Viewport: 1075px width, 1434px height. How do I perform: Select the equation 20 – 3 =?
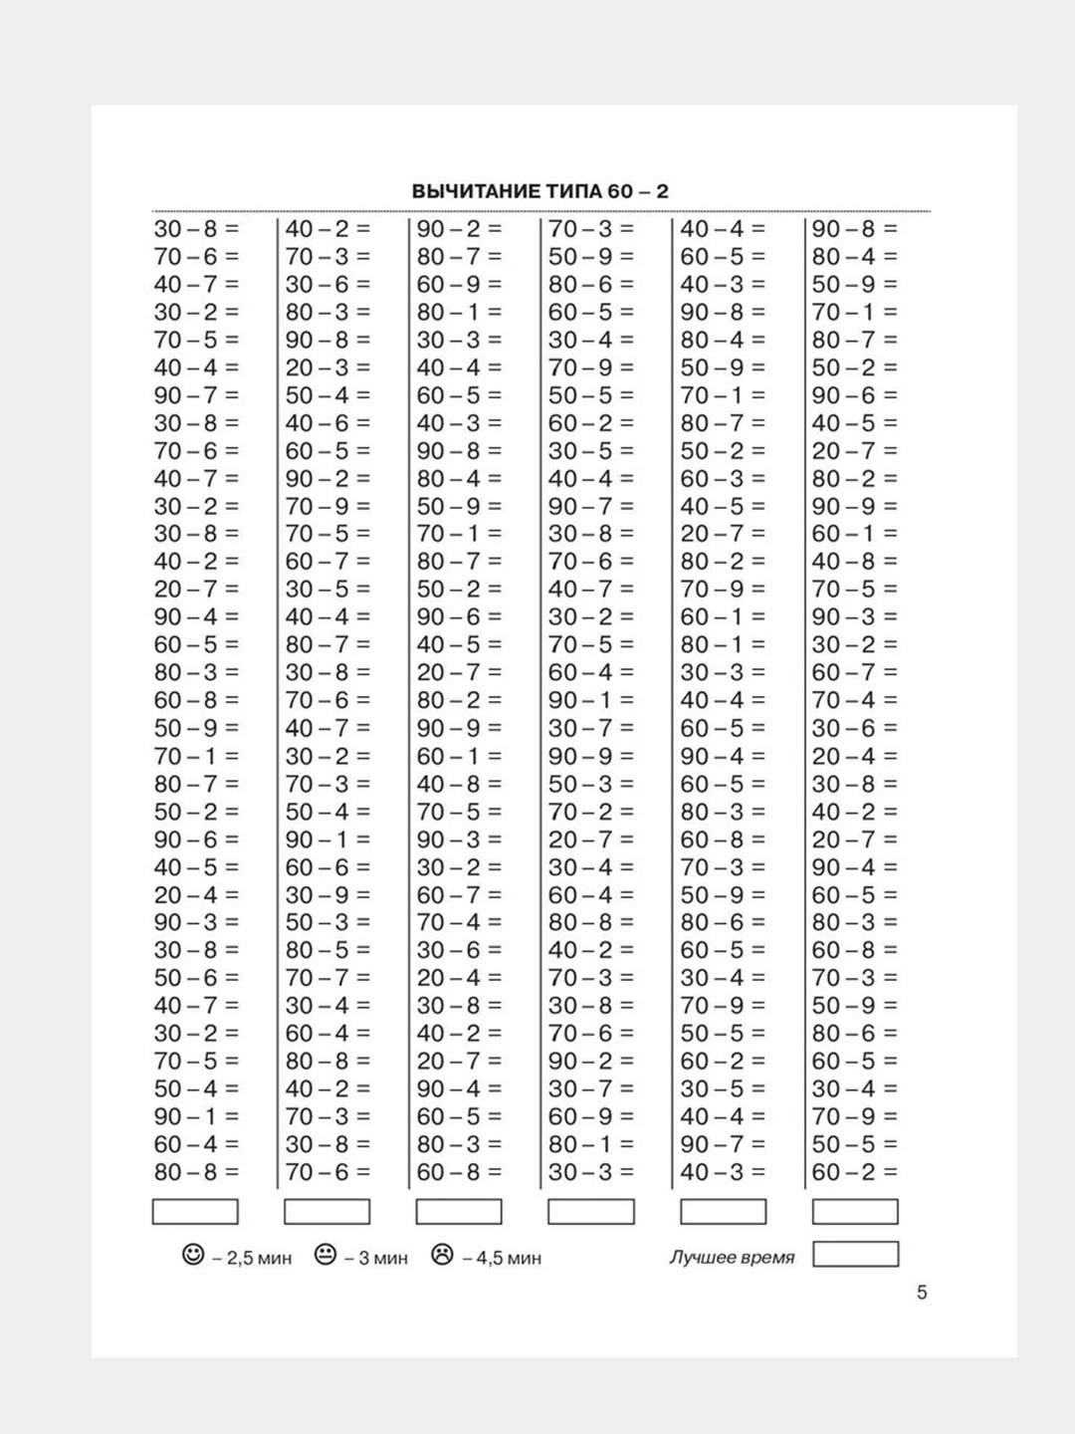(x=327, y=367)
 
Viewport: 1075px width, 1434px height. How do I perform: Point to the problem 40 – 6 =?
(x=327, y=423)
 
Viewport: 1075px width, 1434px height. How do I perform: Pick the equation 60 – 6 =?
(x=327, y=867)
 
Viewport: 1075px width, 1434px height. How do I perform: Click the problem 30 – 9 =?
(x=327, y=895)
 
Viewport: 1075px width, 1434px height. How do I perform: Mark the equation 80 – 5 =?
(x=327, y=950)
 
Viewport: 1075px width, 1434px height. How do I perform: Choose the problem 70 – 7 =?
(x=327, y=978)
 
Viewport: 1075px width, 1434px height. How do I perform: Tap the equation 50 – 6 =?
(x=196, y=978)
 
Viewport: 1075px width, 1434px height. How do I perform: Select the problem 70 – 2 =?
(x=590, y=812)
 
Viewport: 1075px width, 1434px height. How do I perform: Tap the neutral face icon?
(x=324, y=1255)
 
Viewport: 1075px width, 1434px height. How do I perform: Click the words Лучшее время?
(x=732, y=1258)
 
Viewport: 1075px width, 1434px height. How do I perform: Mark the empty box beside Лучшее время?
(x=855, y=1254)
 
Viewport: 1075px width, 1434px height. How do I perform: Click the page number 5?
(x=922, y=1293)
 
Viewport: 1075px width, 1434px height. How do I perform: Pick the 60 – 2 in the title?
(x=637, y=191)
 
